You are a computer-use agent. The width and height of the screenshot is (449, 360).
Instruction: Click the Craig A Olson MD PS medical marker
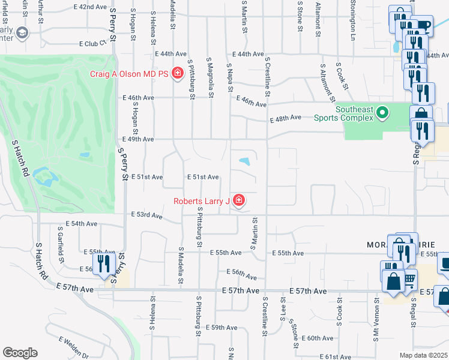178,74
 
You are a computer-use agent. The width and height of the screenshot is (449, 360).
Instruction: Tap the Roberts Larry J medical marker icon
239,200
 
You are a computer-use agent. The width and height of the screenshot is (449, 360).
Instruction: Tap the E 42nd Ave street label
90,7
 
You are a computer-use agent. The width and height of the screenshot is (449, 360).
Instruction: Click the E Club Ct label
93,43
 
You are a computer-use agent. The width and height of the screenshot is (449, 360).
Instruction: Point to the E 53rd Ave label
146,215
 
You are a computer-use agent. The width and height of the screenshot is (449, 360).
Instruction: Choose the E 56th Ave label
244,274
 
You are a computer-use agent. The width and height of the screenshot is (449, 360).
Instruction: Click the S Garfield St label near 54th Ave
61,244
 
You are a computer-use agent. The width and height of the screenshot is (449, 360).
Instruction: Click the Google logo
20,353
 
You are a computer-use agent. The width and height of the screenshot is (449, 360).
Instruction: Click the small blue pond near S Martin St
245,161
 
